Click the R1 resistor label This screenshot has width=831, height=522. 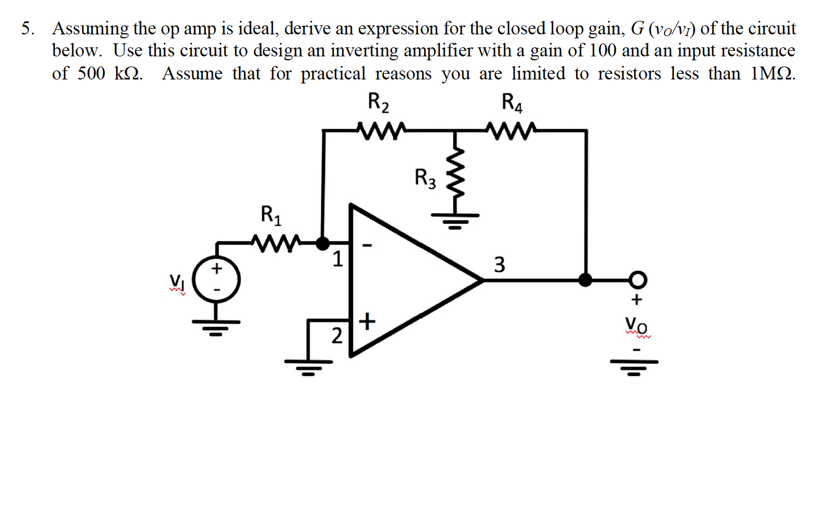pos(271,215)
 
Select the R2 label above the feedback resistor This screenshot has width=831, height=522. pos(378,103)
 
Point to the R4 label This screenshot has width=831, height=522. pos(512,103)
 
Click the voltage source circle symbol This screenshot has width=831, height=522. pos(216,280)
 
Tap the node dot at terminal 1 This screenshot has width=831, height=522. pos(322,244)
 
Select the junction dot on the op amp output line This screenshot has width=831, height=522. pos(586,280)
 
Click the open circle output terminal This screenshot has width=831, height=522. pos(638,279)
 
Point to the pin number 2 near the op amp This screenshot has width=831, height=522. pos(337,336)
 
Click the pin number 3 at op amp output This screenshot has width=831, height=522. pos(500,264)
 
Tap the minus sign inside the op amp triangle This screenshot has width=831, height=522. pos(367,245)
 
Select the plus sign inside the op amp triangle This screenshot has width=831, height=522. pos(366,321)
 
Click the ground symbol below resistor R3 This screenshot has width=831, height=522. pos(456,220)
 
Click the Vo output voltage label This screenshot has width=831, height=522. pos(636,325)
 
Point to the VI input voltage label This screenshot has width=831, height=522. pos(177,280)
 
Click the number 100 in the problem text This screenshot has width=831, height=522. pos(603,51)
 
